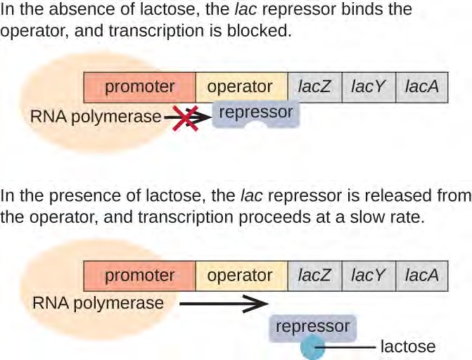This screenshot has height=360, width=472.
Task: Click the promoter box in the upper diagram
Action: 139,87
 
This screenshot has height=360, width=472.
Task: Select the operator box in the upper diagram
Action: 241,87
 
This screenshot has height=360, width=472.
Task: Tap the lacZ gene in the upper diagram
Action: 315,87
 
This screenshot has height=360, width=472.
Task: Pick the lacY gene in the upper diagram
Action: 369,87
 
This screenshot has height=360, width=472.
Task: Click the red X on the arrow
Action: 185,117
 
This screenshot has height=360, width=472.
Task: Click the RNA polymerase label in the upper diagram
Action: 95,117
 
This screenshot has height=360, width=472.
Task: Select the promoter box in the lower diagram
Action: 139,276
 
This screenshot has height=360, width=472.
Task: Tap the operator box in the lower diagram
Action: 241,276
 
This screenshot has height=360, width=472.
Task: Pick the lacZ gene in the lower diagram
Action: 315,276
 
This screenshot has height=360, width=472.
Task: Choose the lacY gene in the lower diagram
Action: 369,276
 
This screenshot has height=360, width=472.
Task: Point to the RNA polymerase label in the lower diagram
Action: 97,304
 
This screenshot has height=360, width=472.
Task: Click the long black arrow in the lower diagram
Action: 222,304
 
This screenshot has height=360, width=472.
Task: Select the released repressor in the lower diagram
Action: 312,327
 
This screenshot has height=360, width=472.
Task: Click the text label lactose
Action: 408,347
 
